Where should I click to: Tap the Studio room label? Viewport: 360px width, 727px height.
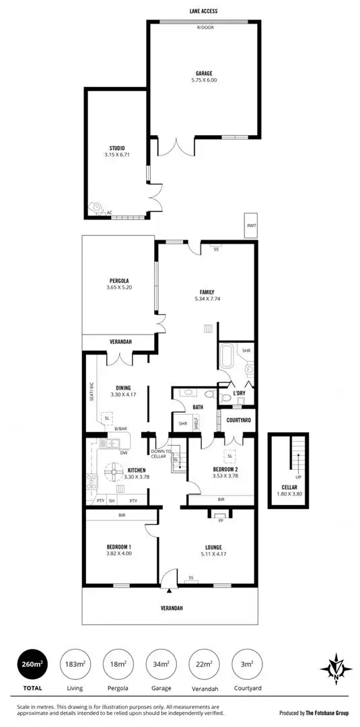pos(118,148)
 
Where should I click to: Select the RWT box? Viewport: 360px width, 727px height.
pos(252,226)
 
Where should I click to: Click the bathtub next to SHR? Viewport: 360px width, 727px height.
pos(227,355)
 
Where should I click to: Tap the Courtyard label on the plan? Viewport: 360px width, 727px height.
pos(240,420)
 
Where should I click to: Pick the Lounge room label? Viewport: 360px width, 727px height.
pos(214,547)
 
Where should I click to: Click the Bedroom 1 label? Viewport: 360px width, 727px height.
pos(118,547)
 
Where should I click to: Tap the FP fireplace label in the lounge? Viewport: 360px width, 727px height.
pos(220,520)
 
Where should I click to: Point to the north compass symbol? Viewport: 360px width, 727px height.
pos(334,668)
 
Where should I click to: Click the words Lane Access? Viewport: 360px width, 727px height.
pos(203,11)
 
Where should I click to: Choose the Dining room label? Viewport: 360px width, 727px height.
pos(123,387)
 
